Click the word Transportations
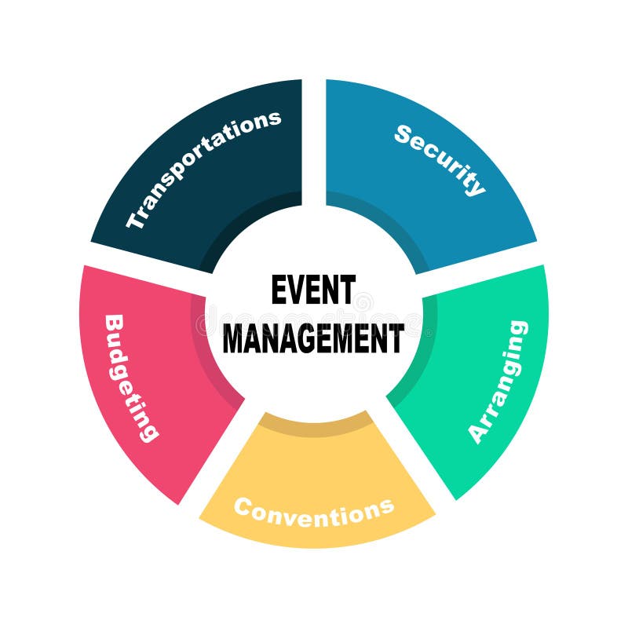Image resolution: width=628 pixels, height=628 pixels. [203, 168]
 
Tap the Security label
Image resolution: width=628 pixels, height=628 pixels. [440, 159]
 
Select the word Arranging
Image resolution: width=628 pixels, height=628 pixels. [498, 382]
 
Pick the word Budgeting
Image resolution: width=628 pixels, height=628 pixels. [130, 378]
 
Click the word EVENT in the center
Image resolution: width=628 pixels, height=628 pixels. [313, 290]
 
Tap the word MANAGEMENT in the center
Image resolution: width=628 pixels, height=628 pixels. [313, 338]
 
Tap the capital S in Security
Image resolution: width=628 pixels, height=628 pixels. [404, 134]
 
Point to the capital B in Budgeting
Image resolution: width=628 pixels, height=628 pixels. [114, 324]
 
